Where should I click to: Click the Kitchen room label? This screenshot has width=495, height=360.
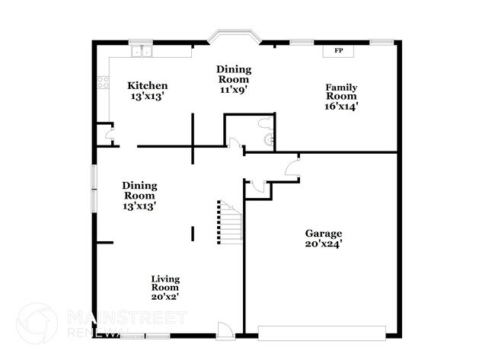[147, 85]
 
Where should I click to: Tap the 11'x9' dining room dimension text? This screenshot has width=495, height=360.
[234, 89]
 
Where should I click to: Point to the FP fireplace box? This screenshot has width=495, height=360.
[338, 51]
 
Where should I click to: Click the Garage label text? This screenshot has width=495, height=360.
[324, 234]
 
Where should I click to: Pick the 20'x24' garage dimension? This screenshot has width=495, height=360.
[324, 244]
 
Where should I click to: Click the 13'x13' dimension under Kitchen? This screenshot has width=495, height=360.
[147, 97]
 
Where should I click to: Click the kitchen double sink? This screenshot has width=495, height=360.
[141, 52]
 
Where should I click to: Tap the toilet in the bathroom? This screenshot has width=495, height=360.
[264, 123]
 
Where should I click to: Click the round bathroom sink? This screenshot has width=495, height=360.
[267, 140]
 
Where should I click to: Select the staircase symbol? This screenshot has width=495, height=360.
[228, 222]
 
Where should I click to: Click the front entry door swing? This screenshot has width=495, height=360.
[225, 329]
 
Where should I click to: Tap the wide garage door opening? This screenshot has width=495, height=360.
[321, 333]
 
